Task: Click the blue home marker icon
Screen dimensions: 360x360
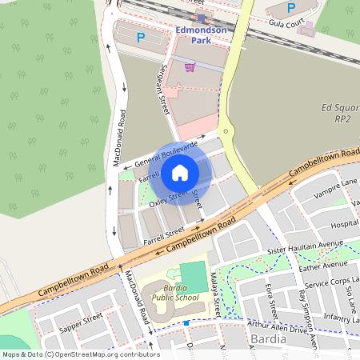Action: [180, 172]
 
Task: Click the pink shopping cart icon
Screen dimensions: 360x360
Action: [190, 67]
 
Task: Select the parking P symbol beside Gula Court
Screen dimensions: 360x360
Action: [290, 8]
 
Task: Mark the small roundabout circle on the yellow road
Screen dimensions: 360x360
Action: [226, 131]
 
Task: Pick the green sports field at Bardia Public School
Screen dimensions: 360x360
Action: [192, 278]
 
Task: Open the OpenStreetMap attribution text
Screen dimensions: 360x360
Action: [80, 354]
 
